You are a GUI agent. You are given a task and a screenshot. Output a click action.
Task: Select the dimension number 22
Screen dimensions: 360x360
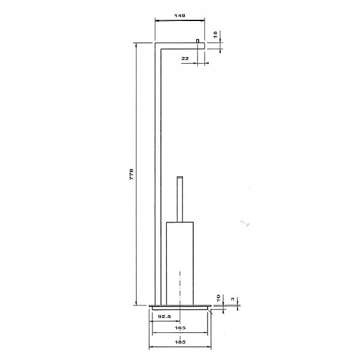[x=185, y=58]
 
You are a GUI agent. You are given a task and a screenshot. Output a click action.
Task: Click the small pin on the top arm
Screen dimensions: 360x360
[x=197, y=40]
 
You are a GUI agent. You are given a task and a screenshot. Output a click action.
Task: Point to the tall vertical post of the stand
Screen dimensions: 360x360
[x=158, y=174]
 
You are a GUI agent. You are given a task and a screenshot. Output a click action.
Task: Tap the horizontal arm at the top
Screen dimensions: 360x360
[x=180, y=45]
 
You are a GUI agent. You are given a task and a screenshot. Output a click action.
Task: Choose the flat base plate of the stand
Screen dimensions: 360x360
[x=180, y=306]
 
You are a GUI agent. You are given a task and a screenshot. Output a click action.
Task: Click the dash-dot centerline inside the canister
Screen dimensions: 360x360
[x=181, y=282]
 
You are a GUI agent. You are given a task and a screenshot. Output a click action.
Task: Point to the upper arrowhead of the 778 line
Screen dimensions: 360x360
[x=137, y=46]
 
